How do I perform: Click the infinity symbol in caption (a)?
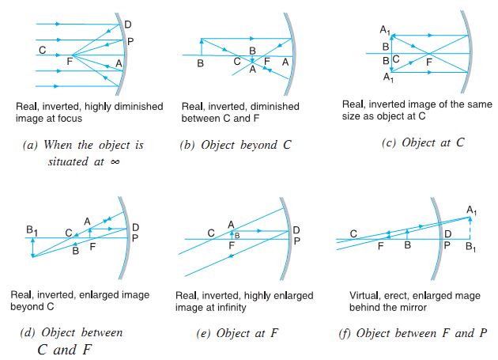[115, 160]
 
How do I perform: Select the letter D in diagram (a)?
[128, 24]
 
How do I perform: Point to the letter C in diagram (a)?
[41, 50]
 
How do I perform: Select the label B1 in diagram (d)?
[32, 231]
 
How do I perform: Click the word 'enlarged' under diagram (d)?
[105, 295]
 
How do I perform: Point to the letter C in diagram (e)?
[211, 232]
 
